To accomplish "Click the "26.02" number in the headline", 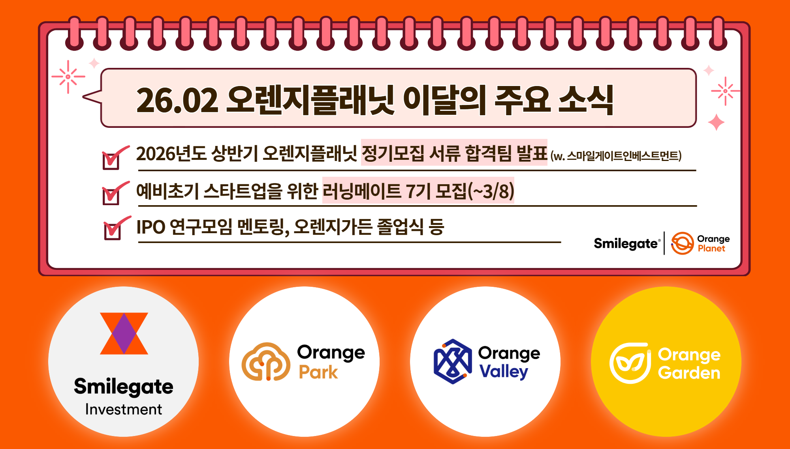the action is (177, 100).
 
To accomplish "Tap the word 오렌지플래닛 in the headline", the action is (310, 100).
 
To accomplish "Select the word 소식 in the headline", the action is (586, 100).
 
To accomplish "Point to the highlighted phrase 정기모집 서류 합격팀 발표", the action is (454, 153).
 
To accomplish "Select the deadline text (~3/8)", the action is (491, 191).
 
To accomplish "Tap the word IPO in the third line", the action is (151, 227).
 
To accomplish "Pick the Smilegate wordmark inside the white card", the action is (626, 243).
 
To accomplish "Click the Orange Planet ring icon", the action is (683, 243).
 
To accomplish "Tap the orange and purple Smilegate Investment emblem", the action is (124, 333).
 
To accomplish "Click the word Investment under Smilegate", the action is (124, 410).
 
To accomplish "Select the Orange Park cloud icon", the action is (266, 361).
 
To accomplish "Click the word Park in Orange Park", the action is (318, 372).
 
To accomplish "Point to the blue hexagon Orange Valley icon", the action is (453, 361).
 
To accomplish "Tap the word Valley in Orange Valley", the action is (504, 372).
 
